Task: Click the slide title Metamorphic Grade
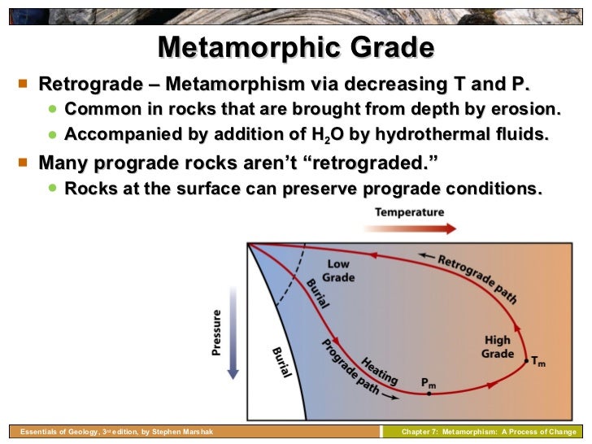pos(295,48)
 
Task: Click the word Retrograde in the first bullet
pos(85,85)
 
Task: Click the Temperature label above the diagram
pos(409,212)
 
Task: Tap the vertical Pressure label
pos(216,333)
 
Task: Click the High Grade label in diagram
pos(498,347)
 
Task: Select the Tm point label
pos(538,363)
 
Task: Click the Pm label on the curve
pos(429,381)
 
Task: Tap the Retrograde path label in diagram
pos(477,278)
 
